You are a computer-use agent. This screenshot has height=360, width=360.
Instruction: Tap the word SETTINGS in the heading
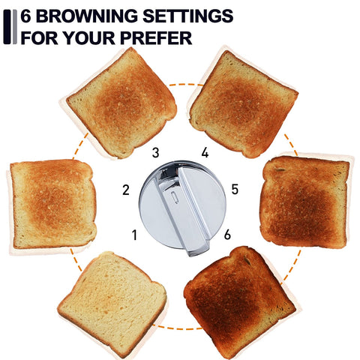(x=187, y=16)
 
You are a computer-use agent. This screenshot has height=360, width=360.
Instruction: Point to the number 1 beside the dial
(x=135, y=235)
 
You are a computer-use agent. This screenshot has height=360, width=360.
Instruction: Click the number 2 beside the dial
(x=125, y=189)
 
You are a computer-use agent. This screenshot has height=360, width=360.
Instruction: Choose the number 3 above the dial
(x=155, y=153)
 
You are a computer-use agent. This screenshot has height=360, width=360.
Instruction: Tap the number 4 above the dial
(x=205, y=153)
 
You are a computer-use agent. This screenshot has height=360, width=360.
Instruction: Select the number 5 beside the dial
(x=235, y=189)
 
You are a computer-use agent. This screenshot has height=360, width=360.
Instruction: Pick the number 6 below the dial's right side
(x=227, y=235)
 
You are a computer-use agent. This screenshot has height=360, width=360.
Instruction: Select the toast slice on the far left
(x=52, y=203)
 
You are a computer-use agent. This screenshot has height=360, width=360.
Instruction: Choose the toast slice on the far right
(x=304, y=201)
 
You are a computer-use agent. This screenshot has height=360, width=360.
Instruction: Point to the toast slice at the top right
(x=242, y=100)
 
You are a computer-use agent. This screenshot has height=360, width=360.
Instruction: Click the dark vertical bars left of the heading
(x=9, y=25)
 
